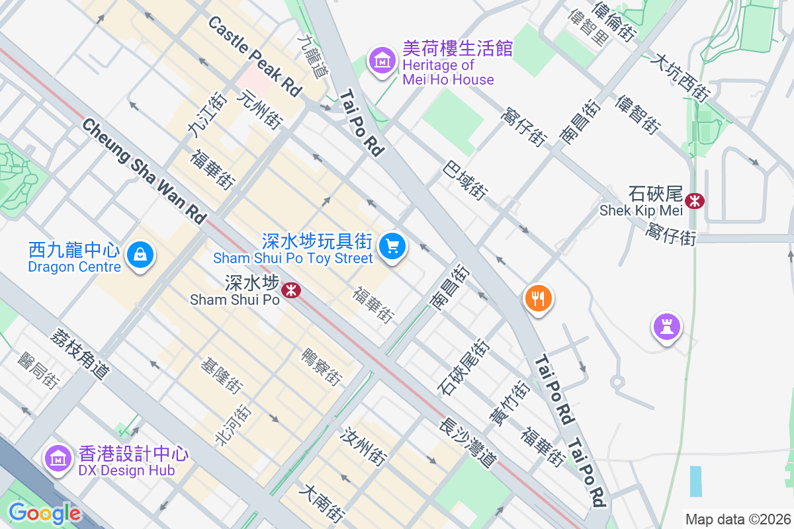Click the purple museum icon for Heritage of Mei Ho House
(x=381, y=62)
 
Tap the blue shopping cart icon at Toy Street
(x=392, y=247)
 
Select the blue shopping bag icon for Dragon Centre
(x=140, y=254)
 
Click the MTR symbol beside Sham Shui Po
(x=290, y=290)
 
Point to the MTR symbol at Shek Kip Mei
(x=695, y=200)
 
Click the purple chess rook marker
(x=667, y=326)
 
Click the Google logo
(x=44, y=513)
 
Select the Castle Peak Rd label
(x=255, y=56)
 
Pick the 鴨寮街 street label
(x=321, y=367)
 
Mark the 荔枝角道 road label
(x=79, y=354)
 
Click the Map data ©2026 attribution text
(x=737, y=519)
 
